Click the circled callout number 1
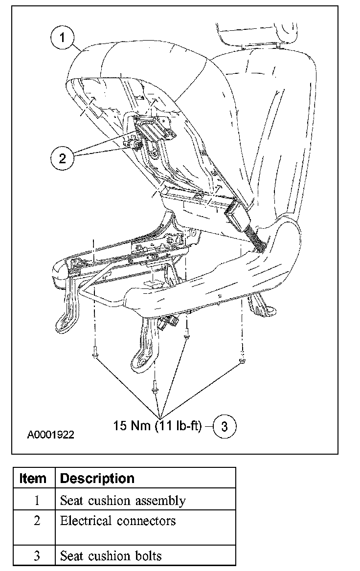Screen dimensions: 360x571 coord(63,38)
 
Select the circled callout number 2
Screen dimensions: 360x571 coord(62,157)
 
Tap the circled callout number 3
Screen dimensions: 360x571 coord(225,426)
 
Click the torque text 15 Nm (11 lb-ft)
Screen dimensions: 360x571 coord(157,426)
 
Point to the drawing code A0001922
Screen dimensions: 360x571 coord(51,434)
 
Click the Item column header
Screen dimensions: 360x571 coord(33,478)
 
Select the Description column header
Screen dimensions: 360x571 coord(97,478)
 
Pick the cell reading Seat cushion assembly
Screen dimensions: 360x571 coord(123,501)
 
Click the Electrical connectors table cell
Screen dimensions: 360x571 coord(117,521)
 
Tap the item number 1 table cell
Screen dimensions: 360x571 coord(37,501)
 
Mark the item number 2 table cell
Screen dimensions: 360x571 coord(37,521)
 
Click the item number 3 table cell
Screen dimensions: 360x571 coord(37,556)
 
